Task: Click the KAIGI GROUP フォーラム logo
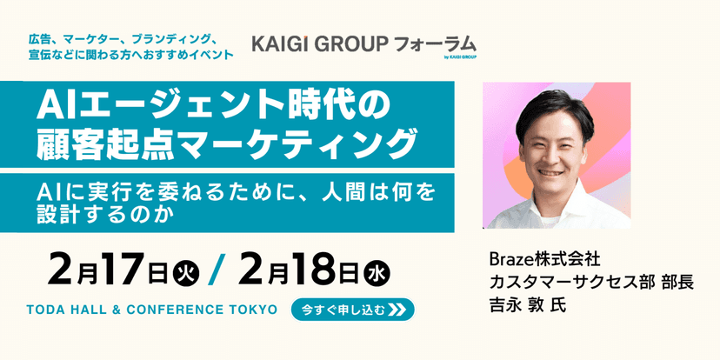click(x=363, y=43)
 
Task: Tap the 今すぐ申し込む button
click(x=352, y=310)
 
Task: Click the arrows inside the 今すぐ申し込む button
click(x=398, y=310)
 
